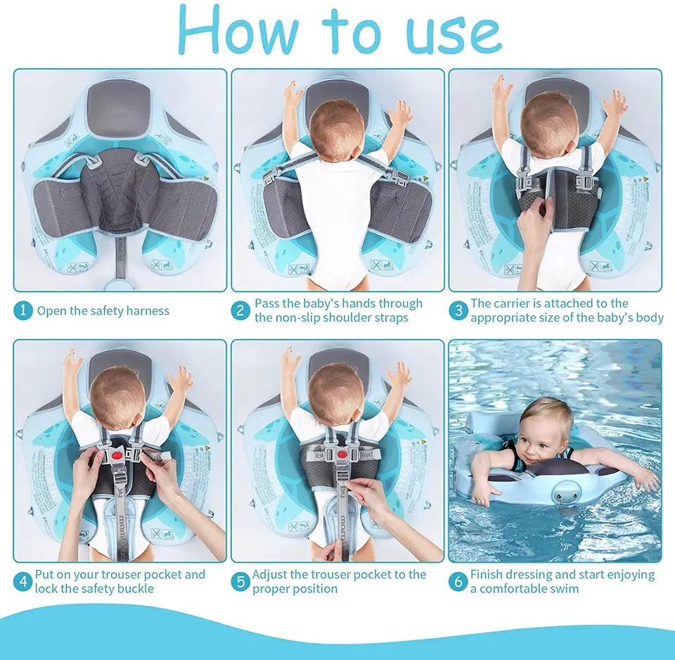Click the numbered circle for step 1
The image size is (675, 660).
(x=23, y=310)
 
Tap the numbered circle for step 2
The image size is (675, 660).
(x=241, y=310)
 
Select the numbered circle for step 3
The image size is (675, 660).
(x=458, y=310)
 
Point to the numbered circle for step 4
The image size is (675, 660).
(x=23, y=581)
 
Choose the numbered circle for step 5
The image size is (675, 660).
(x=241, y=581)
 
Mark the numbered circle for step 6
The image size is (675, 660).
(x=458, y=581)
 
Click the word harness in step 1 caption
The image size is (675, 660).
(x=146, y=310)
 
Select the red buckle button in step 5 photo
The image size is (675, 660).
(x=342, y=455)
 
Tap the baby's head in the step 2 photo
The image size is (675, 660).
(x=337, y=120)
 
